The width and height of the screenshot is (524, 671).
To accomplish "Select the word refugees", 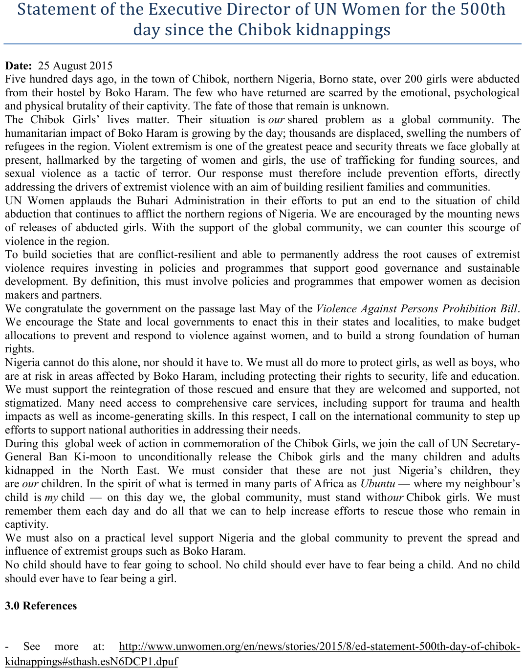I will [23, 147].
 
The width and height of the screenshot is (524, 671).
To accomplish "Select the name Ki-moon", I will [95, 457].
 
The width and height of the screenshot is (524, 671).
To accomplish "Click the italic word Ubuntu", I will [377, 484].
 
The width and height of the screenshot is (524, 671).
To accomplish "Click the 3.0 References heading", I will [41, 606].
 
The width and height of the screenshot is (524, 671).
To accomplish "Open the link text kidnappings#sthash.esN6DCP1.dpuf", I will [91, 662].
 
